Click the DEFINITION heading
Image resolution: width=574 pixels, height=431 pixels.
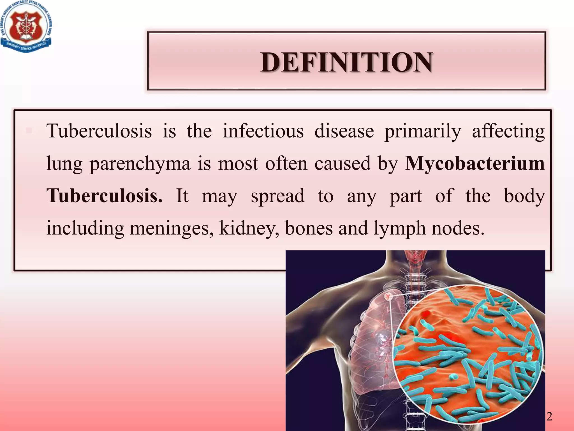(346, 62)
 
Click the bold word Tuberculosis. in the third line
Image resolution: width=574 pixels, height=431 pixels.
(104, 196)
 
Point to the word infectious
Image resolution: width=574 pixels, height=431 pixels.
(263, 131)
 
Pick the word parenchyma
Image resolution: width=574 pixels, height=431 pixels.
(140, 164)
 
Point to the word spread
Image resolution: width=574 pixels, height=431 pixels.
(277, 196)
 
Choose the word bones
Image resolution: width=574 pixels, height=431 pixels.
(309, 228)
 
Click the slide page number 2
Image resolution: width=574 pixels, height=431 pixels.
(549, 416)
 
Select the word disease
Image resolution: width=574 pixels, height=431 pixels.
(344, 131)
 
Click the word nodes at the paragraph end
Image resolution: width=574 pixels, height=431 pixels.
(457, 228)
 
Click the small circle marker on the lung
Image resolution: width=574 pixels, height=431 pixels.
(388, 297)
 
